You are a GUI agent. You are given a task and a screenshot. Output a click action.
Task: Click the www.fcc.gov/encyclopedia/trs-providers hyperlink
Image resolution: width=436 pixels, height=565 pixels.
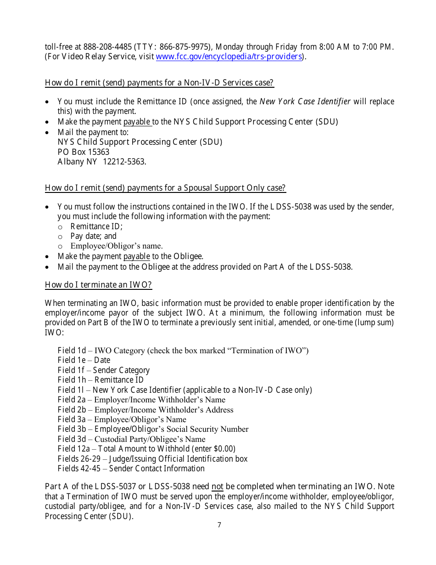click(229, 57)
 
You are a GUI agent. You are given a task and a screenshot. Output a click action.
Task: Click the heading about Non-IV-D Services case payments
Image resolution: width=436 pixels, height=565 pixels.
click(159, 83)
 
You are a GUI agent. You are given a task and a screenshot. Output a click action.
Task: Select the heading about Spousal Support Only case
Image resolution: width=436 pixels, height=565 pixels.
click(165, 188)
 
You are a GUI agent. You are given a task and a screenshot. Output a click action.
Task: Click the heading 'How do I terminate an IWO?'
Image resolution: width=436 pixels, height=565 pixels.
click(98, 285)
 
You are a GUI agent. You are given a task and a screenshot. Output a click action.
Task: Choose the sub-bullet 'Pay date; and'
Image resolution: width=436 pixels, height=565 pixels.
click(93, 236)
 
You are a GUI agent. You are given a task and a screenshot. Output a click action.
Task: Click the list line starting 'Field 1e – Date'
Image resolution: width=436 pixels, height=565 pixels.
click(84, 360)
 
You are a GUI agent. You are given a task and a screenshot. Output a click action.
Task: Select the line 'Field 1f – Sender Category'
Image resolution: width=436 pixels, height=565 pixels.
click(104, 370)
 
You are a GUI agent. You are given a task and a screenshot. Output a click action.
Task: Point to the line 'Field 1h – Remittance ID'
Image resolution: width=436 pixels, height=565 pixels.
click(101, 380)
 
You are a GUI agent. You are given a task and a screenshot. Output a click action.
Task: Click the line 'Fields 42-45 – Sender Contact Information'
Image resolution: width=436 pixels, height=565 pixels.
click(131, 469)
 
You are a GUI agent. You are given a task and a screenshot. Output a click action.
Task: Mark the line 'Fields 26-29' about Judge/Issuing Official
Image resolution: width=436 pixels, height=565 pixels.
click(152, 459)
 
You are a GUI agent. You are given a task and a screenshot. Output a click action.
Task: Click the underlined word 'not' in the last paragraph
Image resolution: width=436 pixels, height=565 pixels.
click(218, 487)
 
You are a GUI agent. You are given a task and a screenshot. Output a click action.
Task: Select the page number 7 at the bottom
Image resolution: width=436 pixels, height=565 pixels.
click(219, 525)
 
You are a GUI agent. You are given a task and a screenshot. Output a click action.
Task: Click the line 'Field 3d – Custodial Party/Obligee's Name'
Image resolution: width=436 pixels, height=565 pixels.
click(132, 439)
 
